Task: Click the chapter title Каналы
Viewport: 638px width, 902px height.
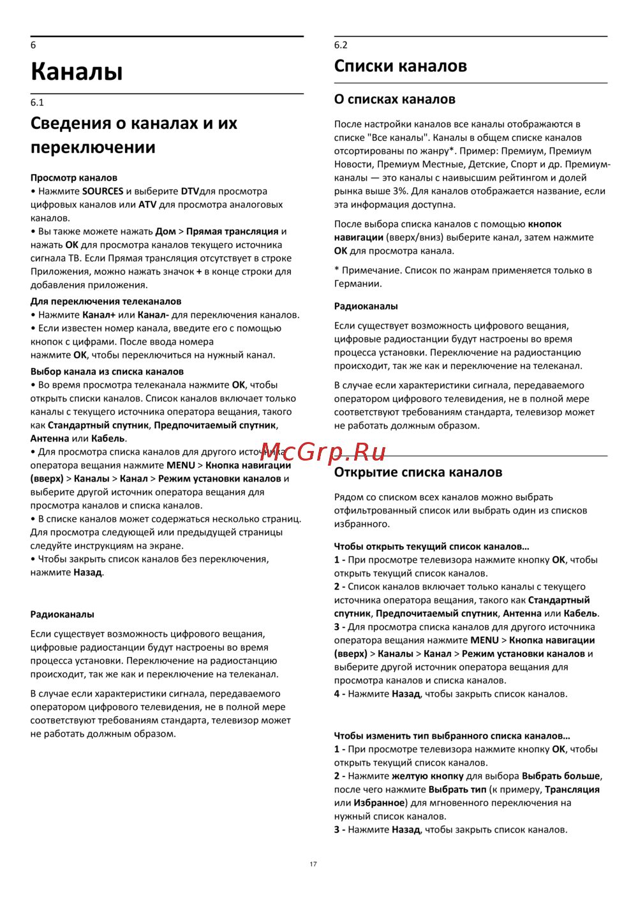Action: click(x=77, y=71)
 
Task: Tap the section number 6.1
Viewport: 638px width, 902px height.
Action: click(x=37, y=102)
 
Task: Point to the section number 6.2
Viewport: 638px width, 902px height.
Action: click(x=341, y=45)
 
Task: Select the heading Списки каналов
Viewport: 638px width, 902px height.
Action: click(x=400, y=66)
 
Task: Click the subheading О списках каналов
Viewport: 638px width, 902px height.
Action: click(x=394, y=99)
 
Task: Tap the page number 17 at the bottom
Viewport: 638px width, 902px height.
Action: click(x=313, y=864)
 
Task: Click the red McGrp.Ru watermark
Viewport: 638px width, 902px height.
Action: click(x=323, y=452)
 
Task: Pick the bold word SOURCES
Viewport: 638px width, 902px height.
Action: click(x=103, y=191)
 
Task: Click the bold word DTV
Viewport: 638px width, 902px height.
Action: click(x=190, y=191)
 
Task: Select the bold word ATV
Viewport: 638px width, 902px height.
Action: click(x=147, y=204)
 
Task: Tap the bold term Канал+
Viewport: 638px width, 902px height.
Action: click(x=99, y=314)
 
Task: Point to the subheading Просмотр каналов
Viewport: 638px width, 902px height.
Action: click(x=74, y=177)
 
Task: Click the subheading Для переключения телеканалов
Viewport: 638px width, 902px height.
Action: click(x=106, y=301)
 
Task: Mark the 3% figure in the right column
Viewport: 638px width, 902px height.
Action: click(x=399, y=191)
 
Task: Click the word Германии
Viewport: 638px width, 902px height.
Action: click(x=358, y=283)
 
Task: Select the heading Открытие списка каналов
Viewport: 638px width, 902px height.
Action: click(x=418, y=472)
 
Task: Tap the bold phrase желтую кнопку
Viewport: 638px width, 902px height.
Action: click(x=427, y=776)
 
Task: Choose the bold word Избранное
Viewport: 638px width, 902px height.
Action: click(x=379, y=802)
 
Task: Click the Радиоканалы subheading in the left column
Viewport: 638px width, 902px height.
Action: click(x=63, y=614)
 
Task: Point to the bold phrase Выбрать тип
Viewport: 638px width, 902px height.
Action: click(x=457, y=789)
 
